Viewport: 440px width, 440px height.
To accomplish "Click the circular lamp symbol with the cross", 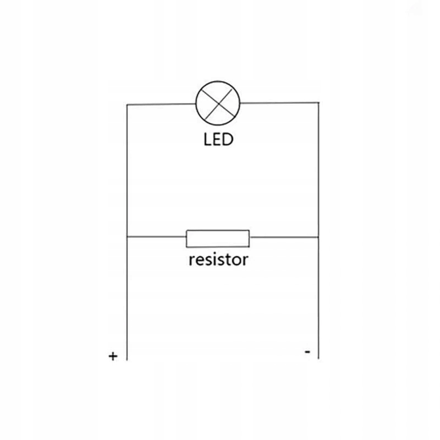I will (219, 103).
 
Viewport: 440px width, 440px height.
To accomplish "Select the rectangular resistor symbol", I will (218, 238).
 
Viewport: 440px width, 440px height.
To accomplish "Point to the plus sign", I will (113, 356).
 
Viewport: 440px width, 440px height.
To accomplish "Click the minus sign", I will (307, 350).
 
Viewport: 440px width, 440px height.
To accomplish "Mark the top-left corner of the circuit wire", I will (127, 104).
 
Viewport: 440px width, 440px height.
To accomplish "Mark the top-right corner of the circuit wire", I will (318, 102).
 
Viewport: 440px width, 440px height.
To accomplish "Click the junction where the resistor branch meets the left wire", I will (127, 237).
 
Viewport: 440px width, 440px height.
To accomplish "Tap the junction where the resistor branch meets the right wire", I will (318, 238).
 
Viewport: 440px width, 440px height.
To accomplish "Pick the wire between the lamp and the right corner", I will (280, 102).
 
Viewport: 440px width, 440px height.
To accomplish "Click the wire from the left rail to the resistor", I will (157, 237).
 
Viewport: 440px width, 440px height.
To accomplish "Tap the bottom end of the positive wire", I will (127, 359).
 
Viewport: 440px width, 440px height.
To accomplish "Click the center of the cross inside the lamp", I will (219, 103).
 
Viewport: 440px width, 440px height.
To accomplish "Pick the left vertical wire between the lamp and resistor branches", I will (127, 170).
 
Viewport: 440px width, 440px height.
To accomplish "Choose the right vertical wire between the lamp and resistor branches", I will (318, 170).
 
